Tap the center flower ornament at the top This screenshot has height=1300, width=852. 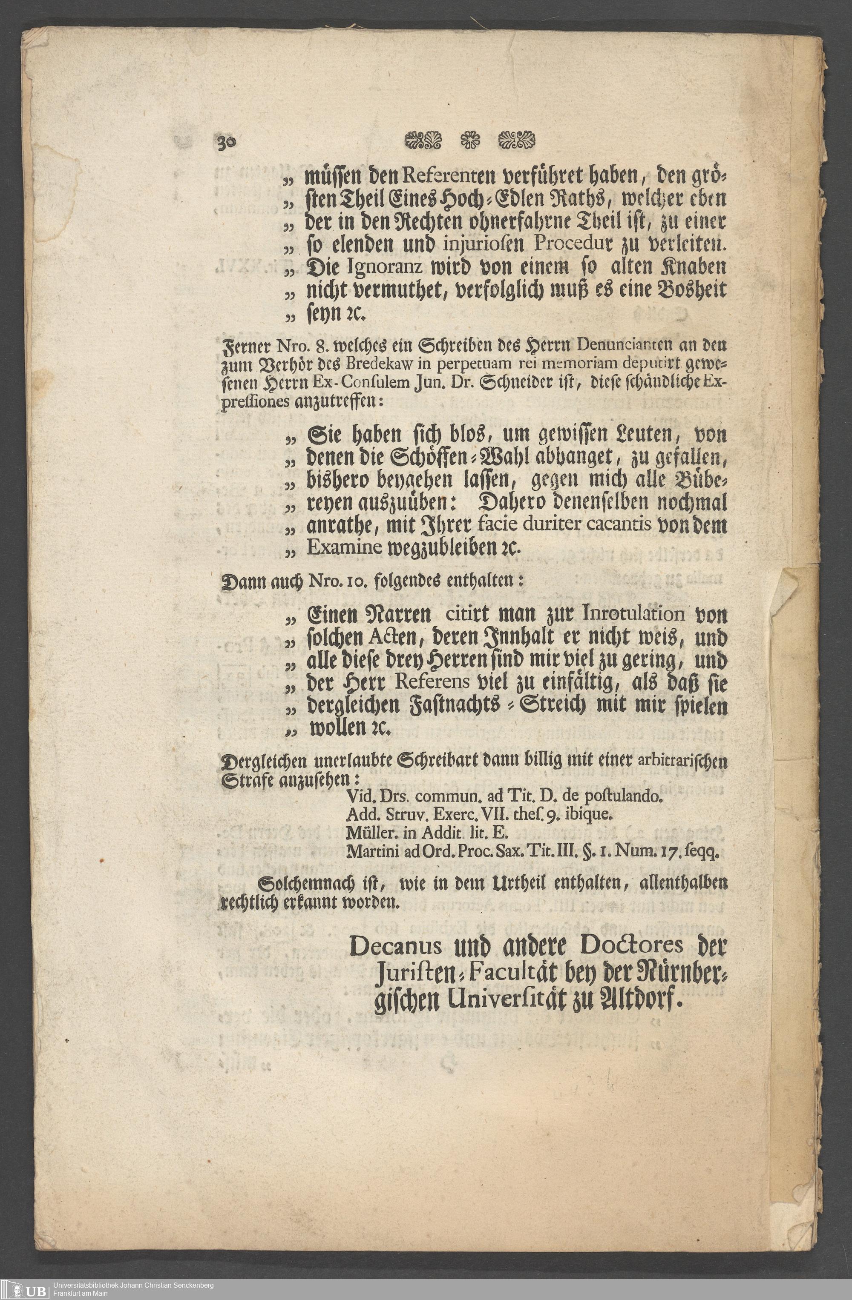pyautogui.click(x=469, y=141)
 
